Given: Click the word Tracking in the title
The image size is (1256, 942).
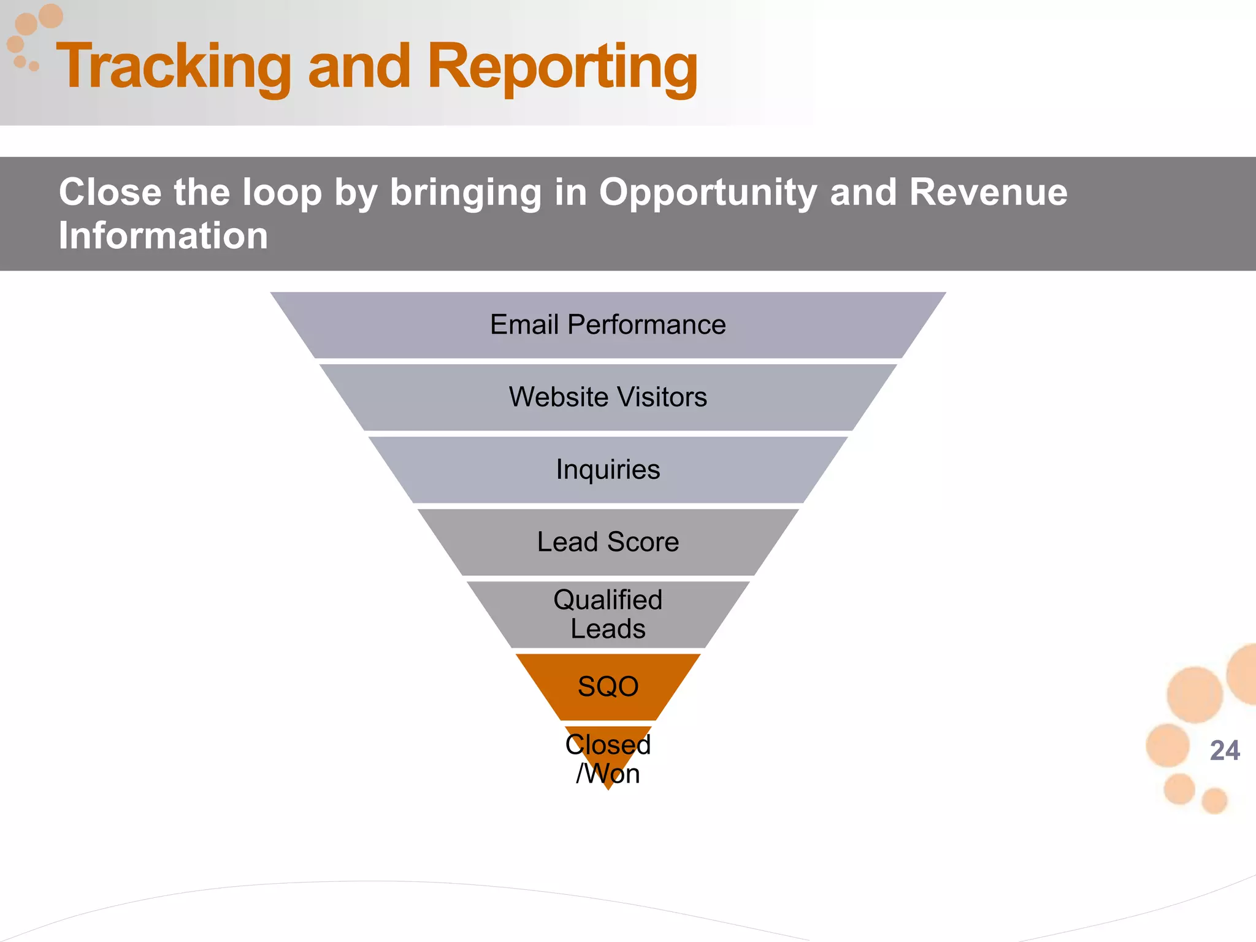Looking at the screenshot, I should (174, 66).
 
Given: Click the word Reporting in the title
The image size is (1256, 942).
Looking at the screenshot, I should (562, 66).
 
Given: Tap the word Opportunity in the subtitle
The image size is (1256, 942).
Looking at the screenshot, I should (708, 192).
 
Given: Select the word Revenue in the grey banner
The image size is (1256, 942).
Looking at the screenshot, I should (988, 192).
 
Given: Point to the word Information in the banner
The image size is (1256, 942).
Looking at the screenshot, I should (163, 235).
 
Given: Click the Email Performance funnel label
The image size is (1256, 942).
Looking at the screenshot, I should (608, 324).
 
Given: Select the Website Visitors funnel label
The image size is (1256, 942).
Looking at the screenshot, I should (608, 397).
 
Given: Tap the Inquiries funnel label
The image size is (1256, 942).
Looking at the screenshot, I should (608, 470).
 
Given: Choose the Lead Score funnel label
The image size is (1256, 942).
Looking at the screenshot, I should (608, 542).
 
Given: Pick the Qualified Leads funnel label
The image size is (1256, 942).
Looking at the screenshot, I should (608, 615).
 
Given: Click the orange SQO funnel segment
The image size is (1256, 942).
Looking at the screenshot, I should (608, 687).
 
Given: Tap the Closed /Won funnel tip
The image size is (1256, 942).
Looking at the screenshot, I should (608, 759).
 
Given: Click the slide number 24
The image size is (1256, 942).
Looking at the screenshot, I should (1225, 751).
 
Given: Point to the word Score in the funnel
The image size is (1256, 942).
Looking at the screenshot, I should (643, 542).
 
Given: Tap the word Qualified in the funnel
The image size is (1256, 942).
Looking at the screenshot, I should (608, 600).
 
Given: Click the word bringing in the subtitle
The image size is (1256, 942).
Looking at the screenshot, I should (466, 193).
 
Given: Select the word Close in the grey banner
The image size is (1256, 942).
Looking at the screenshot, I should (110, 192).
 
